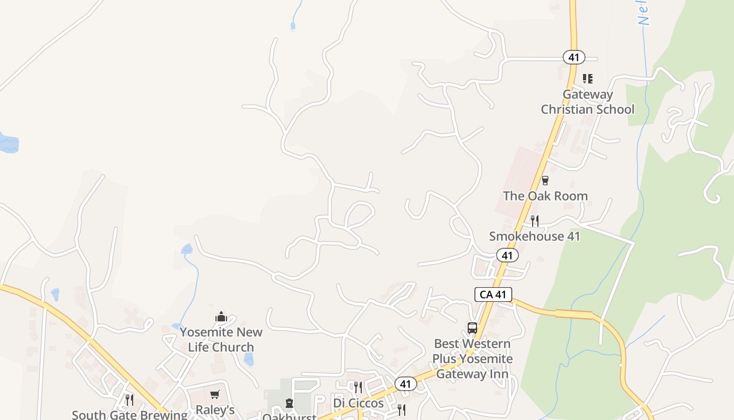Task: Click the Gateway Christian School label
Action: click(x=587, y=102)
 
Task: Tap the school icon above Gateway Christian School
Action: click(x=588, y=79)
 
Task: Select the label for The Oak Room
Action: click(x=545, y=196)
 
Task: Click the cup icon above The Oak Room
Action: click(x=545, y=181)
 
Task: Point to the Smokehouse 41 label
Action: click(x=534, y=236)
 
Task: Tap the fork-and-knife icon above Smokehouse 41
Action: click(x=534, y=220)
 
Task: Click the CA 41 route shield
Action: click(x=493, y=295)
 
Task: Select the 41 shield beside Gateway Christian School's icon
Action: click(x=574, y=57)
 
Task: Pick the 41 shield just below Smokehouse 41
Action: click(x=507, y=256)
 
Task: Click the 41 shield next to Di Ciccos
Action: click(x=405, y=384)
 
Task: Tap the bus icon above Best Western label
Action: click(x=472, y=328)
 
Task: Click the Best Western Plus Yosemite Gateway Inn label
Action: click(x=472, y=359)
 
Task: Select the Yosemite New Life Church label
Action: click(x=221, y=340)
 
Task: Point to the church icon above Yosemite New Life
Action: click(x=221, y=317)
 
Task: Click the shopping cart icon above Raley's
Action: click(x=214, y=394)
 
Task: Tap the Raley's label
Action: click(x=215, y=409)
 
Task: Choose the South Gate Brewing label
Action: click(x=129, y=415)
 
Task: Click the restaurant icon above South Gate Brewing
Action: click(x=129, y=400)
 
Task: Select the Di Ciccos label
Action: click(x=359, y=403)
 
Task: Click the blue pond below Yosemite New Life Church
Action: click(x=249, y=359)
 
